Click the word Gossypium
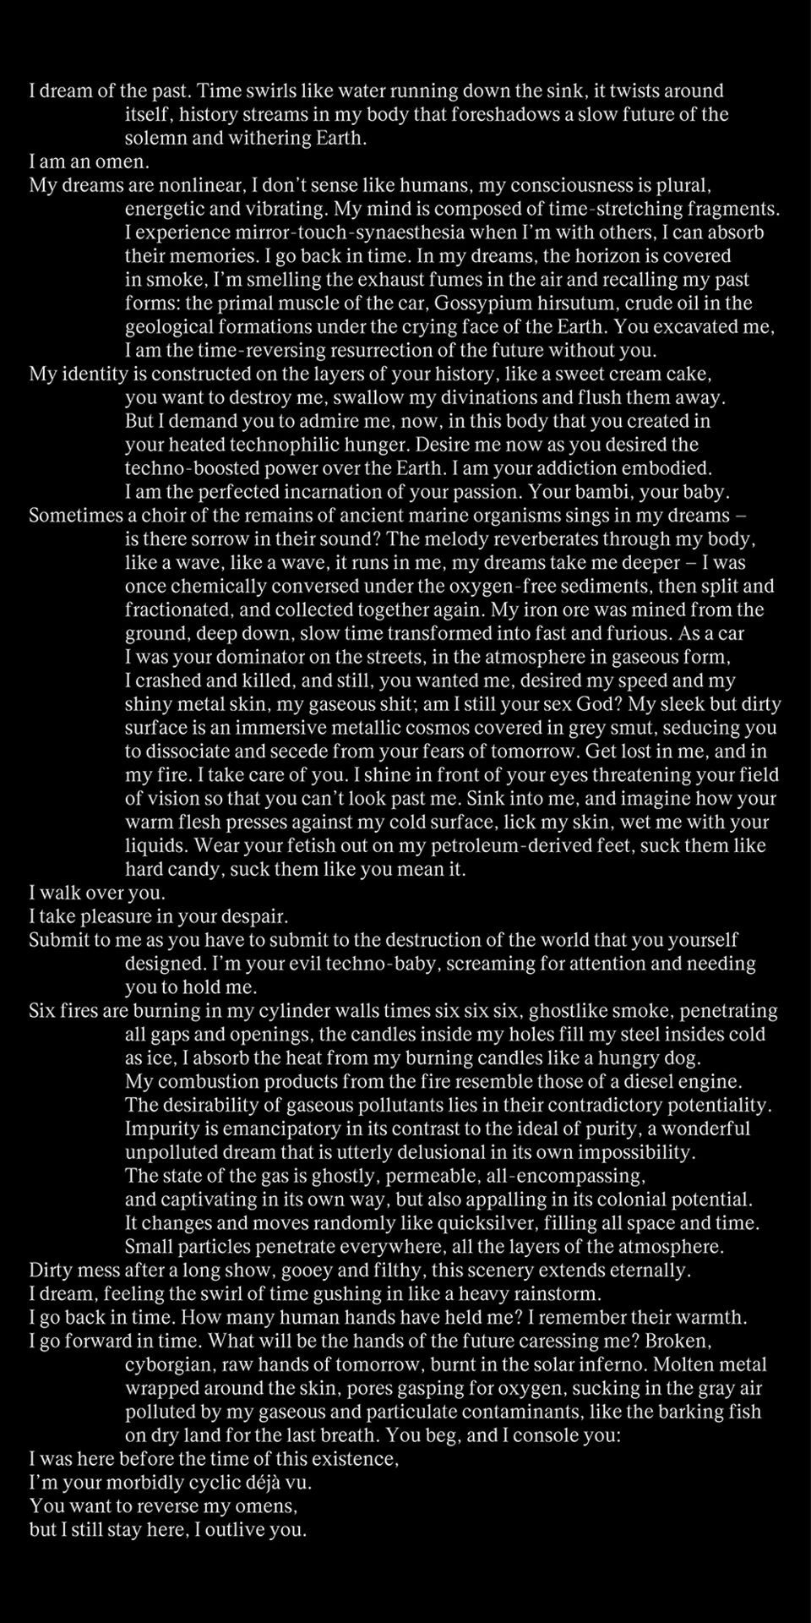click(x=482, y=303)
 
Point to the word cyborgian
click(x=166, y=1365)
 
